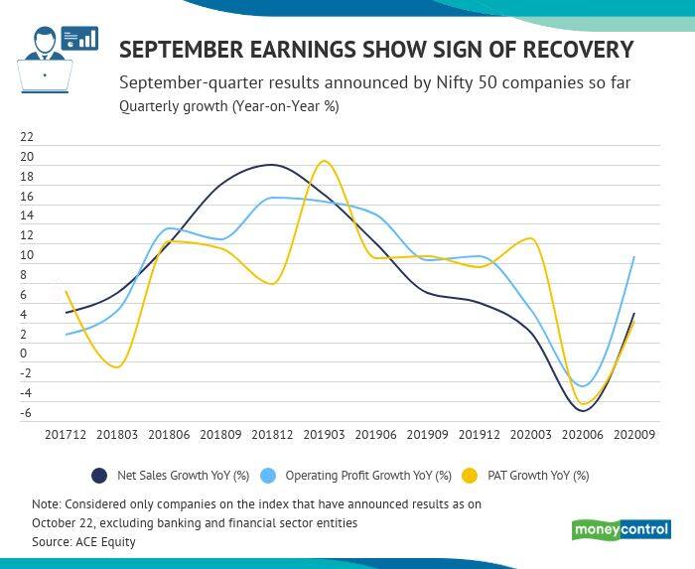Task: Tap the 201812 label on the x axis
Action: [273, 435]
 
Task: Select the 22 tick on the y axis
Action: [27, 138]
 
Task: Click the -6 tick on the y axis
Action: [27, 413]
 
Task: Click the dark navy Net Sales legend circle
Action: [99, 475]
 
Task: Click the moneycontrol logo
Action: [622, 529]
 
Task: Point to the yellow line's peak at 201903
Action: [324, 161]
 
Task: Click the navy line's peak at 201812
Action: [272, 165]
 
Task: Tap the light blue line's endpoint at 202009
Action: [633, 257]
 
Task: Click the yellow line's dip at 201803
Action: [117, 367]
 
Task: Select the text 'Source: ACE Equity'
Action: [83, 542]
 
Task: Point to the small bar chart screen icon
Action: [79, 38]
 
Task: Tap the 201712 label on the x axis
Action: [66, 435]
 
